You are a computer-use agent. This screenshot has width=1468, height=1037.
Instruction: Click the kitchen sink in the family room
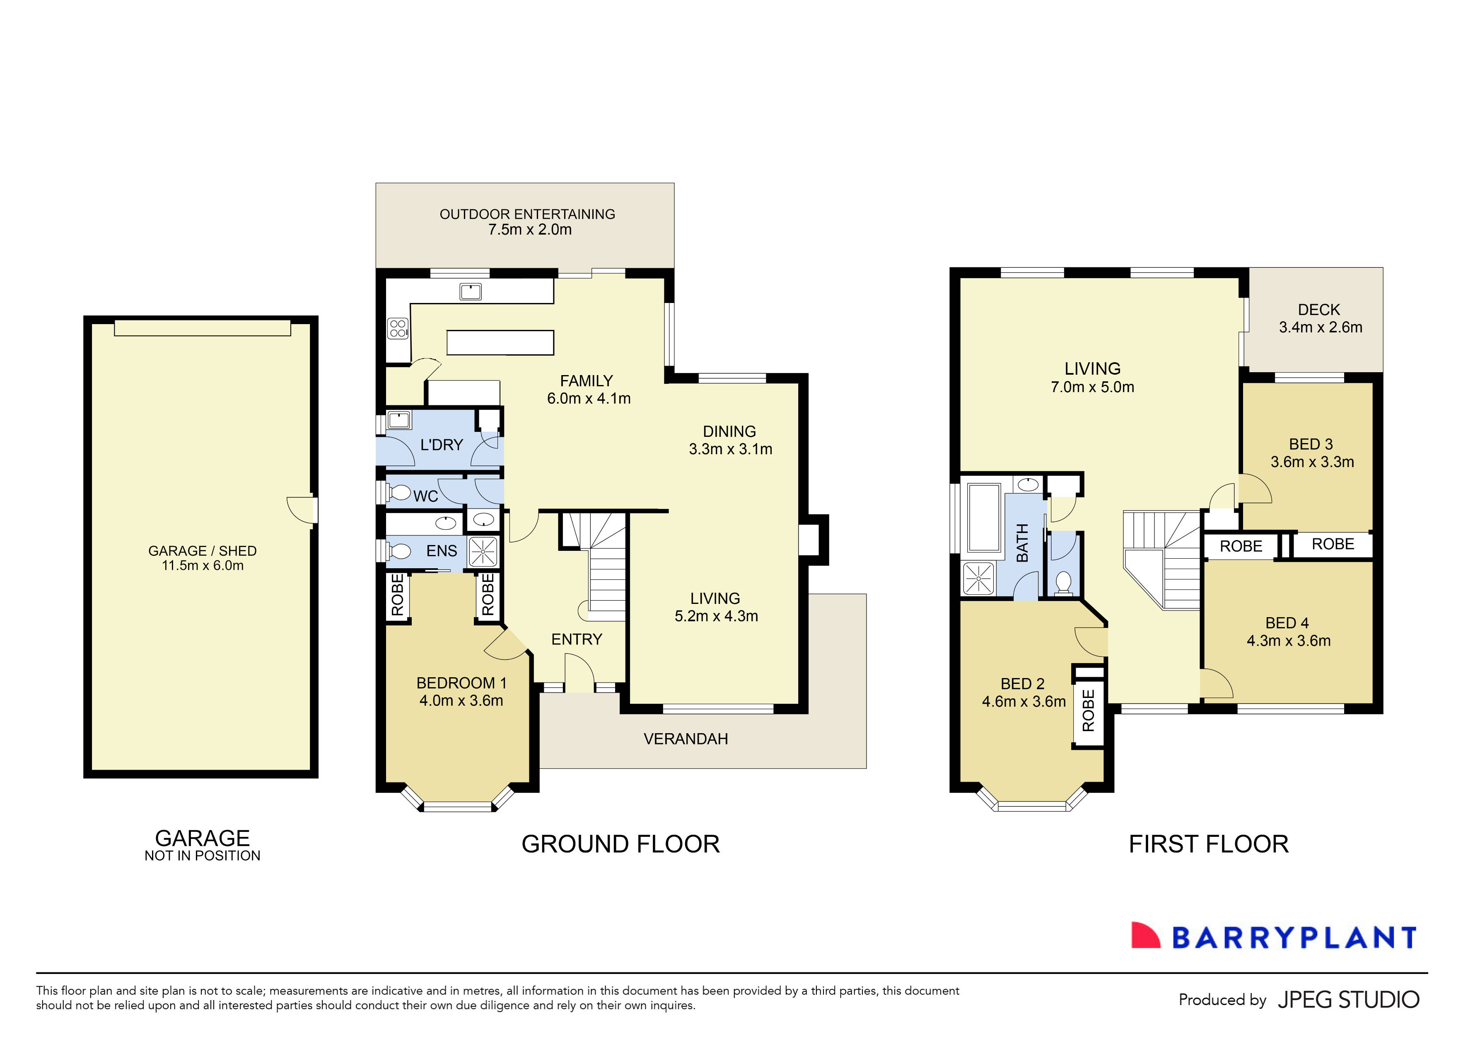[x=471, y=292]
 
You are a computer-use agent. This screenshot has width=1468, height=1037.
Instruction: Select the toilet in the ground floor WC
[x=400, y=492]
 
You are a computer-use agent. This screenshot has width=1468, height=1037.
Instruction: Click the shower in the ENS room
[x=483, y=551]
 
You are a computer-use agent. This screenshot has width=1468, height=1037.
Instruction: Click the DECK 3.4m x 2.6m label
[x=1320, y=319]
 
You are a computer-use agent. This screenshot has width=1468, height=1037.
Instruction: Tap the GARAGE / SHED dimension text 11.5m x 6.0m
[x=203, y=565]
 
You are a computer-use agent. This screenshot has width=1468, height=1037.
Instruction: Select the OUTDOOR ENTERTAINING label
[x=527, y=214]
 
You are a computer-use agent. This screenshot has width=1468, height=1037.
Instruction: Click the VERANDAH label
[x=686, y=739]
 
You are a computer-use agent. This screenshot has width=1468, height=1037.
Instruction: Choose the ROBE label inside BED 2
[x=1088, y=710]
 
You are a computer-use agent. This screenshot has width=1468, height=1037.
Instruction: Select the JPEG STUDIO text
[x=1348, y=999]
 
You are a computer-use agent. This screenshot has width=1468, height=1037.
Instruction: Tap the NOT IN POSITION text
[x=202, y=856]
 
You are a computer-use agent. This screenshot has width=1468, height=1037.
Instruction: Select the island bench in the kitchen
[x=500, y=342]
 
